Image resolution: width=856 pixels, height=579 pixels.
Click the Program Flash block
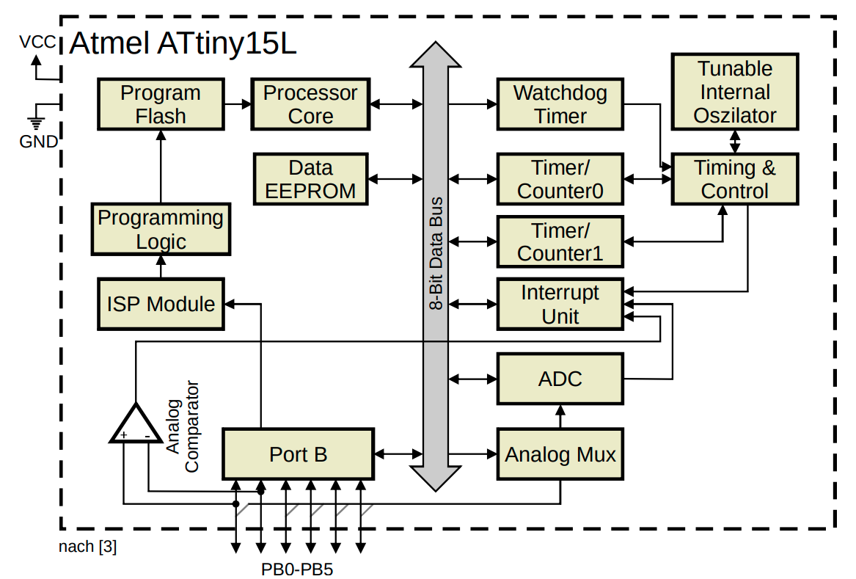pos(160,104)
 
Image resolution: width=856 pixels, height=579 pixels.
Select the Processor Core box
pos(310,104)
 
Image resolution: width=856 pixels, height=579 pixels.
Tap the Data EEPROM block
pos(310,179)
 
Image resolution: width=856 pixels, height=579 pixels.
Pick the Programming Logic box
pos(161,229)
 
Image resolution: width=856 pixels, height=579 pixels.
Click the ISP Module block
pos(161,304)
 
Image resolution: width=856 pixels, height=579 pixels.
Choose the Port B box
pos(298,454)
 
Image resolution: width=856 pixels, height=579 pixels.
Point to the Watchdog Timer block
pos(560,104)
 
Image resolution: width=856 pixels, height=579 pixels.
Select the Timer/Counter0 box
pos(560,179)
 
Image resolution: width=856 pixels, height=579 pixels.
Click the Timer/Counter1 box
pos(560,241)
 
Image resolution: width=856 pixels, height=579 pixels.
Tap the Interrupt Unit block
pos(560,304)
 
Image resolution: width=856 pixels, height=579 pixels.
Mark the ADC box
pos(560,379)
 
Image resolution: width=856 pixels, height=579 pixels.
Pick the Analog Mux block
pos(560,454)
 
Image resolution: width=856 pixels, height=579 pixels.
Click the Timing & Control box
pos(735,179)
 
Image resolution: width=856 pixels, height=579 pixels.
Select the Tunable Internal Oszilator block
pos(735,92)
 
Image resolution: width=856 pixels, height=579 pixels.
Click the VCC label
pos(37,43)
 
